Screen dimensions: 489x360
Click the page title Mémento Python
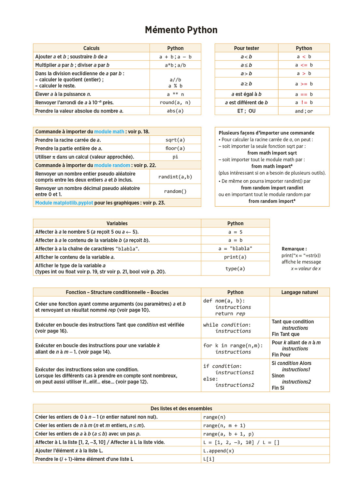tap(181, 30)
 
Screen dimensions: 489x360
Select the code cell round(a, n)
tap(175, 102)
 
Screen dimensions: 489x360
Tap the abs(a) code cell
tap(175, 111)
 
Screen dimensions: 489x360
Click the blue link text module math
tap(109, 132)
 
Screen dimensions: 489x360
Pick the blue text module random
tap(112, 165)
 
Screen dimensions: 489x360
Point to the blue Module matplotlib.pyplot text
tap(64, 203)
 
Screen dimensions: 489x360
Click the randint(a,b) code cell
tap(175, 177)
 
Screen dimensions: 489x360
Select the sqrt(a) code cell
tap(175, 140)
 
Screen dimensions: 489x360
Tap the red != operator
tap(304, 102)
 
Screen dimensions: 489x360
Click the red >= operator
tap(304, 84)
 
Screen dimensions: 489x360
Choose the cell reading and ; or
tap(304, 111)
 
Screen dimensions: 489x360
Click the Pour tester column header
tap(246, 48)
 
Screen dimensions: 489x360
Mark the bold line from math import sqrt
tap(272, 153)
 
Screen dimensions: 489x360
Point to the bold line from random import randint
tap(272, 188)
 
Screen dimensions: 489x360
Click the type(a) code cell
tap(235, 269)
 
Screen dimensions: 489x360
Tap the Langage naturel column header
tap(300, 292)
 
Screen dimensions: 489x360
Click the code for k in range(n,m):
tap(233, 346)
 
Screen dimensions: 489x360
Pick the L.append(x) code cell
tap(219, 451)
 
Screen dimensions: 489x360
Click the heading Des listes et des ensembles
tap(181, 408)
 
